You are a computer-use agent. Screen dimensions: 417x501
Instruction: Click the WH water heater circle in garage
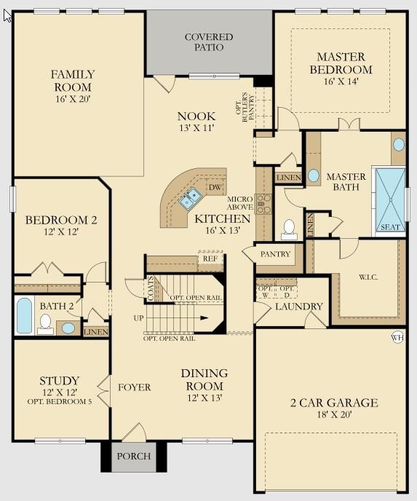pyautogui.click(x=397, y=337)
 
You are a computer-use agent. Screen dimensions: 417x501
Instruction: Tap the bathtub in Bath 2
pyautogui.click(x=24, y=315)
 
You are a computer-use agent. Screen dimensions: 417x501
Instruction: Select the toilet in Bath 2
pyautogui.click(x=45, y=324)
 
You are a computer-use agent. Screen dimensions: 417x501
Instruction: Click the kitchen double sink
pyautogui.click(x=190, y=198)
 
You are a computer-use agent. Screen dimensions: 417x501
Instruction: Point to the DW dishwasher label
pyautogui.click(x=215, y=187)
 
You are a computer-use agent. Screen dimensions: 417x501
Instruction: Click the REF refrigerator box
pyautogui.click(x=210, y=259)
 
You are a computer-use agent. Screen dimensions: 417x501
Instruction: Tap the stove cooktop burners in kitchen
pyautogui.click(x=263, y=204)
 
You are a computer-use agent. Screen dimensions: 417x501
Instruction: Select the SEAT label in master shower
pyautogui.click(x=390, y=227)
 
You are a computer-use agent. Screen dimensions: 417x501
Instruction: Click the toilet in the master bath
pyautogui.click(x=290, y=229)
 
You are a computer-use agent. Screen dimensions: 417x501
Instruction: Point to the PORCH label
pyautogui.click(x=134, y=456)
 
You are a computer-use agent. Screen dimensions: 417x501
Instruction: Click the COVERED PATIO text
pyautogui.click(x=209, y=42)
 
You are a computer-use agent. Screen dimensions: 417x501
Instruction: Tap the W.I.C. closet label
pyautogui.click(x=368, y=277)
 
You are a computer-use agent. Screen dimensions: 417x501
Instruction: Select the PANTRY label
pyautogui.click(x=275, y=254)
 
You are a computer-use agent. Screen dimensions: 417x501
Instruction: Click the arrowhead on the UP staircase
pyautogui.click(x=204, y=318)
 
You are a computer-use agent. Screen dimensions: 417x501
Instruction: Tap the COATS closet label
pyautogui.click(x=151, y=288)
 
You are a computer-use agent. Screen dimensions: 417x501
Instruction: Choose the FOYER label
pyautogui.click(x=134, y=387)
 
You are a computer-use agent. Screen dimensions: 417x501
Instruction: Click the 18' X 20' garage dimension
pyautogui.click(x=334, y=415)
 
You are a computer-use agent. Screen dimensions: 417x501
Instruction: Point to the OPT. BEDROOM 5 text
pyautogui.click(x=60, y=402)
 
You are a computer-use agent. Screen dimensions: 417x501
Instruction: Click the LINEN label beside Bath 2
pyautogui.click(x=96, y=332)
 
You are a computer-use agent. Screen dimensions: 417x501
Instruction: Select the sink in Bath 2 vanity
pyautogui.click(x=68, y=328)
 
